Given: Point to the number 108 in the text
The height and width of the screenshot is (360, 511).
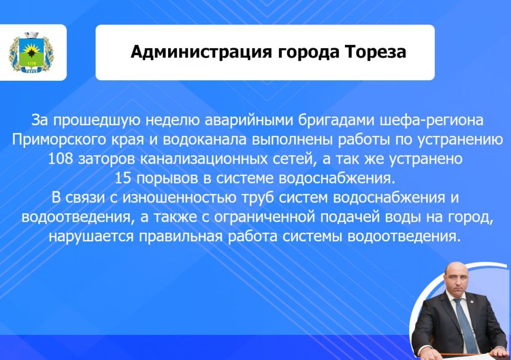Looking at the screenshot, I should (59, 159).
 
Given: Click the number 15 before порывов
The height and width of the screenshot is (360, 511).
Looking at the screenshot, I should (123, 178).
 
